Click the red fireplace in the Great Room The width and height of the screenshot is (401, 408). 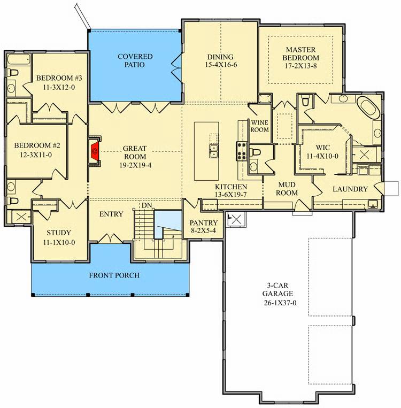click(95, 150)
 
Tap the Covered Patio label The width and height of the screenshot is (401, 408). click(135, 60)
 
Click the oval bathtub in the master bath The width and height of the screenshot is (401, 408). click(369, 108)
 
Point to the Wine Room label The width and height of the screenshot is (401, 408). click(259, 126)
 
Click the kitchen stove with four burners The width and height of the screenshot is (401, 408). click(240, 151)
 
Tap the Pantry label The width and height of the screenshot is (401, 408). click(203, 227)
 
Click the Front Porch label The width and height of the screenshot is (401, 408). click(114, 275)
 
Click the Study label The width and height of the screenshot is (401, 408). click(59, 237)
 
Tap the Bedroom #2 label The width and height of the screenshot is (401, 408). click(36, 150)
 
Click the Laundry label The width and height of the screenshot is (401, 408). click(350, 189)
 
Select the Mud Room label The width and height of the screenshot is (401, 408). click(286, 188)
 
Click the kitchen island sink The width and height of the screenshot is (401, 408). click(213, 151)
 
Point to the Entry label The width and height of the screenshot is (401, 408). click(111, 214)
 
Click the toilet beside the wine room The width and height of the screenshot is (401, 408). click(256, 153)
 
